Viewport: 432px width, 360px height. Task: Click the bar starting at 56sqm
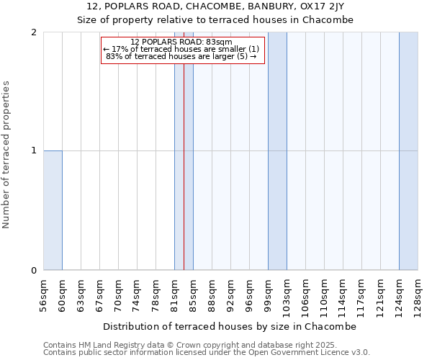coord(53,210)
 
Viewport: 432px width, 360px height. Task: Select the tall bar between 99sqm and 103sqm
coord(277,151)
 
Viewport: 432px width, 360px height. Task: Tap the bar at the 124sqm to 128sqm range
coord(408,151)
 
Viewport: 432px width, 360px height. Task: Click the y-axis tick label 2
coord(34,32)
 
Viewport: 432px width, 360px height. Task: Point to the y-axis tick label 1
coord(34,150)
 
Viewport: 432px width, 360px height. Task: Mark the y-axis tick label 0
coord(34,270)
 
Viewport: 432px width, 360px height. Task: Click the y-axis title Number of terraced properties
coord(6,155)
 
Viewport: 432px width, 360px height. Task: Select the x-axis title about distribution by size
coord(230,326)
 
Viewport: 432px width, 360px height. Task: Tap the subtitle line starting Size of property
coord(215,19)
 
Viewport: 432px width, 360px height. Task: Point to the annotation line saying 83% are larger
coord(181,56)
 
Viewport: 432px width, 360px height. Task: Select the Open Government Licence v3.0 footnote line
coord(207,353)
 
